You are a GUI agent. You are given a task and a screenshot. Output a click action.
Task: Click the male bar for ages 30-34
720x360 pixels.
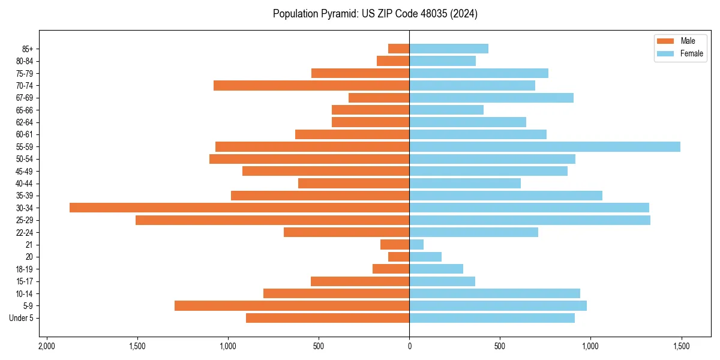tap(239, 208)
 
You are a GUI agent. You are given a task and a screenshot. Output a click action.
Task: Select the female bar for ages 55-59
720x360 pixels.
tap(545, 146)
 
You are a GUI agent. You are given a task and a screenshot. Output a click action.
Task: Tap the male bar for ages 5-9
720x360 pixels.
tap(292, 305)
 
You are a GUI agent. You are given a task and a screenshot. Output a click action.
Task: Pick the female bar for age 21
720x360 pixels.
tap(416, 244)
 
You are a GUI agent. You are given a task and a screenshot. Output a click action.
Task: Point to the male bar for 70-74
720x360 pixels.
tap(311, 85)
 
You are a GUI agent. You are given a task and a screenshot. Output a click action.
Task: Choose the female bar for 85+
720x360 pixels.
tap(449, 49)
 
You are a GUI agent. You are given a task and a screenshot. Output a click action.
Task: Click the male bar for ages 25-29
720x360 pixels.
tap(272, 220)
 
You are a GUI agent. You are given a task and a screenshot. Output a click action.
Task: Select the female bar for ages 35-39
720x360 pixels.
tap(506, 196)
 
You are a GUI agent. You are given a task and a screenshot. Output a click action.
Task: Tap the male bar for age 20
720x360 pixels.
tap(399, 257)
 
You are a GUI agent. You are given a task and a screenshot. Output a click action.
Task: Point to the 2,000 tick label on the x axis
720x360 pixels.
tap(46, 346)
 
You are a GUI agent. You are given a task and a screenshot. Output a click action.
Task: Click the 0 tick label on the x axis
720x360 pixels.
tap(409, 346)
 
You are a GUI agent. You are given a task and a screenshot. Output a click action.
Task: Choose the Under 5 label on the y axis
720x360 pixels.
tap(21, 318)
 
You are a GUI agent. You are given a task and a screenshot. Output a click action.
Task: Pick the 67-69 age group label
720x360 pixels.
tap(25, 98)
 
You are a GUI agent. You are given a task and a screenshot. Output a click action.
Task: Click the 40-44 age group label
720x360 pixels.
tap(25, 184)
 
